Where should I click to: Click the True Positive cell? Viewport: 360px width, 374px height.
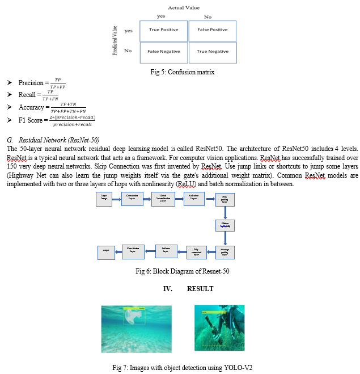click(x=163, y=30)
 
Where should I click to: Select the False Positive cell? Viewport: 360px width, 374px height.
click(x=212, y=30)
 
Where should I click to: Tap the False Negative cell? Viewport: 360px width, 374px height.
click(x=163, y=52)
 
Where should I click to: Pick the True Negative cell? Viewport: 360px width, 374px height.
click(x=212, y=52)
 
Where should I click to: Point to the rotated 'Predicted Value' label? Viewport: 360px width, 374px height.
click(x=115, y=40)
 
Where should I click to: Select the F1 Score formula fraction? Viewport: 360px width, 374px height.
click(x=72, y=120)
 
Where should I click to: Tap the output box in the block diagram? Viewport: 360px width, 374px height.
click(x=106, y=252)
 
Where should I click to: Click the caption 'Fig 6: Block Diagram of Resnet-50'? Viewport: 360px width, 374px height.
click(x=183, y=271)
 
